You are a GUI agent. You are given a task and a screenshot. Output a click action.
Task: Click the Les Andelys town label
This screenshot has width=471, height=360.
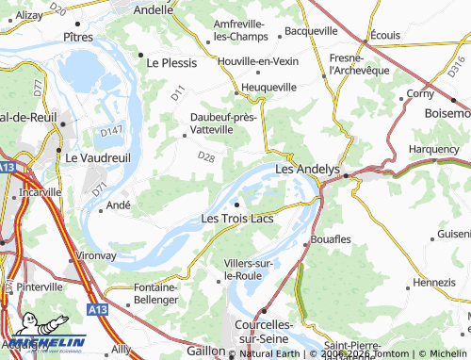coord(306,170)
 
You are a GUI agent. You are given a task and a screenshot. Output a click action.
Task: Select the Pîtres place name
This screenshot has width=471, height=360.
coord(78,38)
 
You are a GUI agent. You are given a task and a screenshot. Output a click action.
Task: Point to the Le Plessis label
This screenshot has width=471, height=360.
coord(172,63)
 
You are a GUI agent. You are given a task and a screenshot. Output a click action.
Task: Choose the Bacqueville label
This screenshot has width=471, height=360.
coord(317,31)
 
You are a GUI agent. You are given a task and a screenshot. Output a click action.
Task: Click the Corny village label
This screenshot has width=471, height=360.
coord(419,94)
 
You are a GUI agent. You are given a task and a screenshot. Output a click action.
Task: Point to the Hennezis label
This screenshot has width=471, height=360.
coord(433,282)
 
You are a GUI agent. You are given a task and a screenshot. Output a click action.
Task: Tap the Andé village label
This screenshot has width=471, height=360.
coord(119,205)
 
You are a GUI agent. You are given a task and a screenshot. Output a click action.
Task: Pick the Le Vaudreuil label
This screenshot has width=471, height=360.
coord(92,157)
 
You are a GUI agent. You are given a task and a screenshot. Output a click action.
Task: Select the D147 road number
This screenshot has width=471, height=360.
coord(111,130)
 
